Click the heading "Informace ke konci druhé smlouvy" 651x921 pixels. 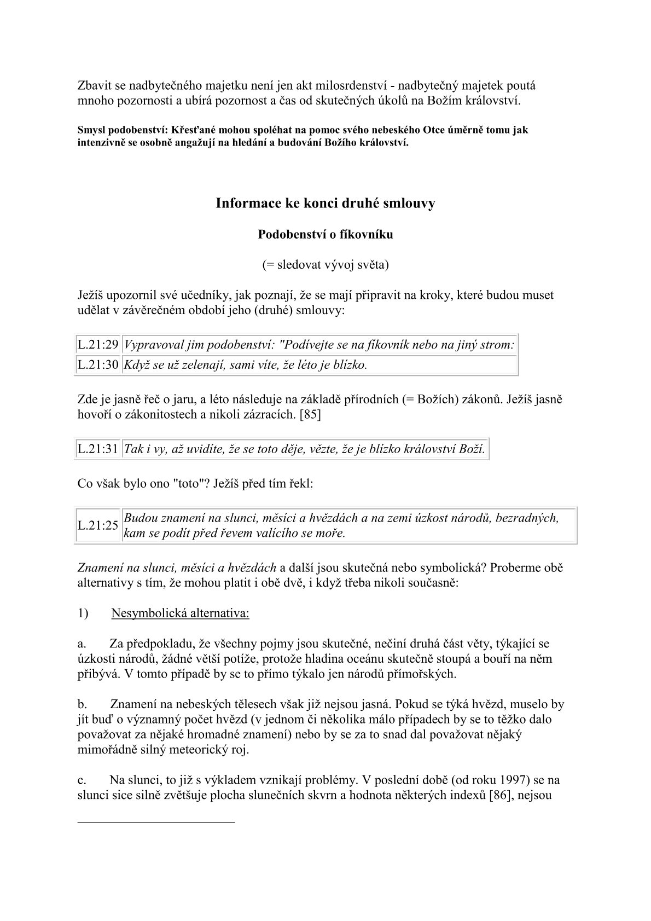pyautogui.click(x=326, y=204)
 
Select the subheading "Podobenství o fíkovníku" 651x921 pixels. pyautogui.click(x=326, y=234)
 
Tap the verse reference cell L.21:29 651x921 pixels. pyautogui.click(x=98, y=345)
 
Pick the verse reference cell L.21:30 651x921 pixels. pyautogui.click(x=98, y=365)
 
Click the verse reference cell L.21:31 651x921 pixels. pyautogui.click(x=98, y=449)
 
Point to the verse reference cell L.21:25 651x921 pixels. pyautogui.click(x=98, y=525)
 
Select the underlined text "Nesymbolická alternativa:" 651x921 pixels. pyautogui.click(x=180, y=613)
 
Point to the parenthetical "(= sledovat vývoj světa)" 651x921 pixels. pyautogui.click(x=326, y=265)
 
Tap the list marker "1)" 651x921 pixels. pyautogui.click(x=83, y=613)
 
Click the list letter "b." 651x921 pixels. pyautogui.click(x=83, y=704)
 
